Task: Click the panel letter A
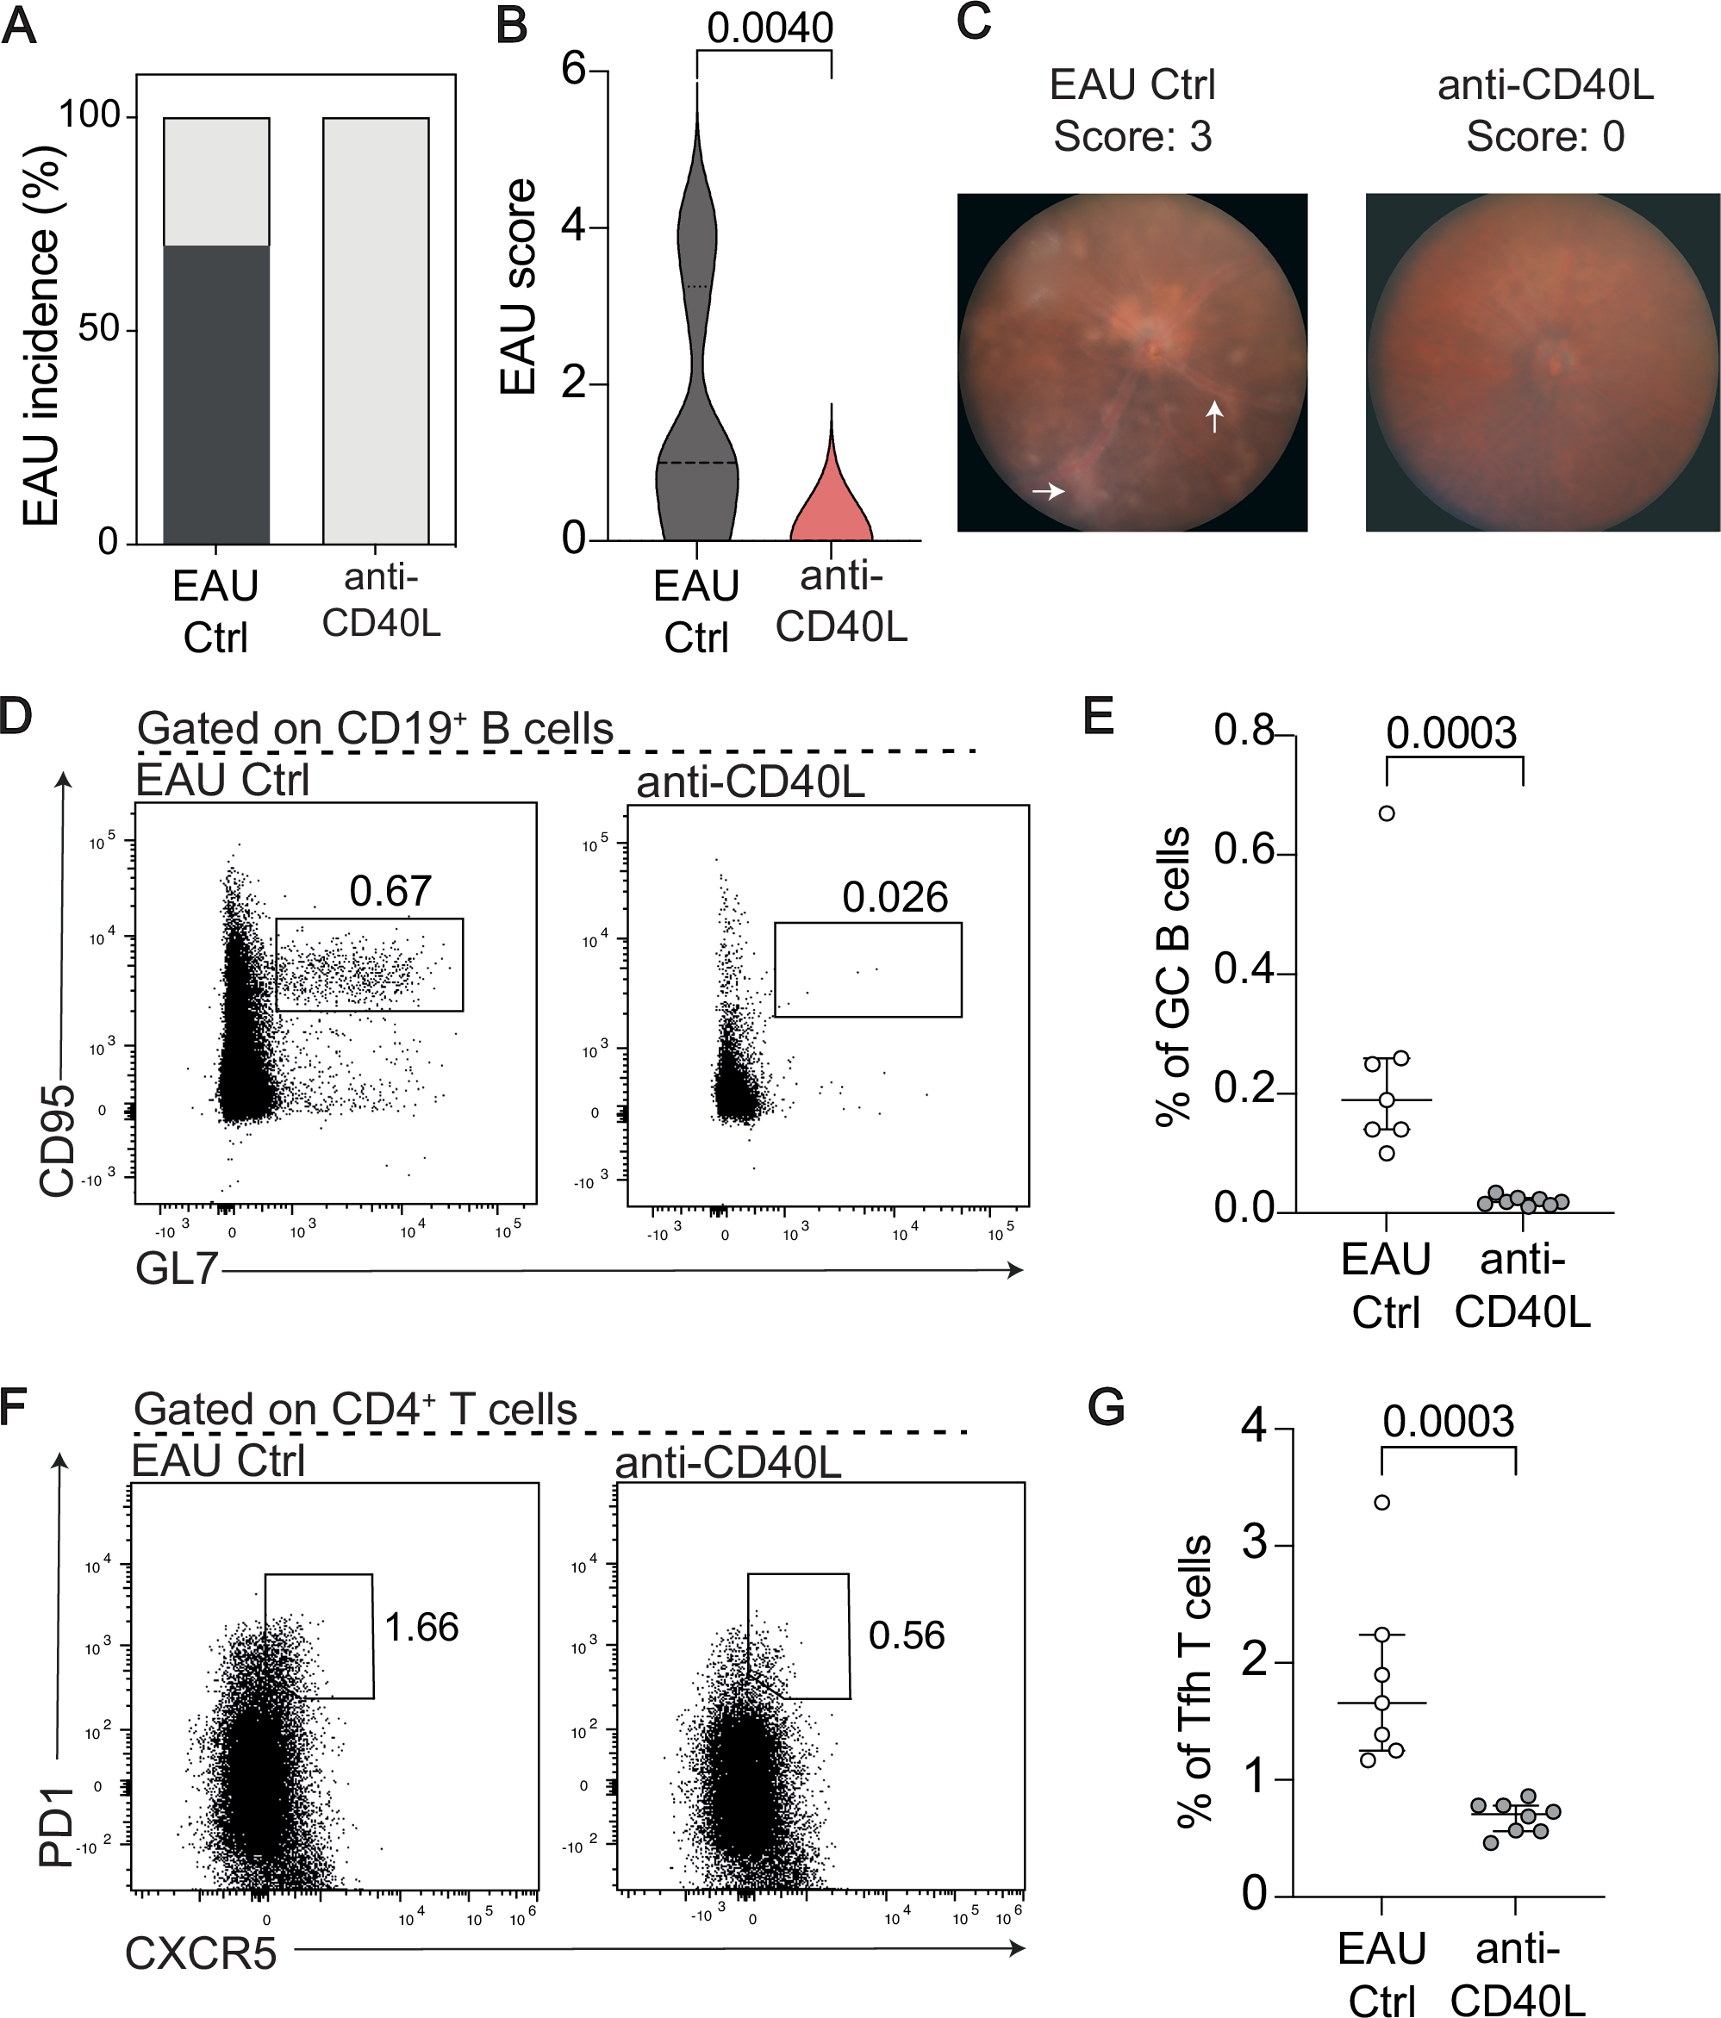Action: click(x=20, y=27)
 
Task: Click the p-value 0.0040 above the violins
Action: click(x=770, y=28)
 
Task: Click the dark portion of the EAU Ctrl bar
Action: click(x=215, y=395)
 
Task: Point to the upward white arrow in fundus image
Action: click(x=1213, y=416)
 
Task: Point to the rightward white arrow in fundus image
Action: click(x=1048, y=492)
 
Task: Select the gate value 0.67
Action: click(x=390, y=891)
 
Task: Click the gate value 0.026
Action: click(x=894, y=897)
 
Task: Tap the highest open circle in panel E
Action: click(x=1386, y=813)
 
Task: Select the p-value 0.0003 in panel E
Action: click(x=1451, y=733)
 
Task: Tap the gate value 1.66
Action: click(x=421, y=1628)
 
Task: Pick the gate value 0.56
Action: click(x=906, y=1635)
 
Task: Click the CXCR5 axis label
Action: click(x=202, y=1953)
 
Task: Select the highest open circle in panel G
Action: click(x=1381, y=1502)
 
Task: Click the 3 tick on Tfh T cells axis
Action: click(x=1256, y=1546)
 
